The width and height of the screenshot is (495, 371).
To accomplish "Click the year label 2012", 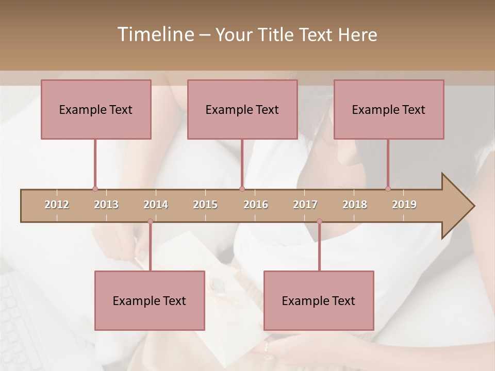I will [57, 205].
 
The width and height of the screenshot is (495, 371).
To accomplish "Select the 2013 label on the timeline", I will [106, 205].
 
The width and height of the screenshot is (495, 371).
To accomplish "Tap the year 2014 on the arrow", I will [156, 205].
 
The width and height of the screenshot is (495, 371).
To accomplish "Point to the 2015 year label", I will [205, 205].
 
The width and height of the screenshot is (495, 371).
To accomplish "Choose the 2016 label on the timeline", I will [256, 205].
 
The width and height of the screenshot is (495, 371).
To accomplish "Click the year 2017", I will [305, 205].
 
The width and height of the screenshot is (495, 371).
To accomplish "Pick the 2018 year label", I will [355, 205].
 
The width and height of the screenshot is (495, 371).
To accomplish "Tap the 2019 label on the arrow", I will [404, 205].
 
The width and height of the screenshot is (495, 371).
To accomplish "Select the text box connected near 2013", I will [96, 109].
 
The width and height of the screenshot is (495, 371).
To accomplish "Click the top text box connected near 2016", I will [242, 109].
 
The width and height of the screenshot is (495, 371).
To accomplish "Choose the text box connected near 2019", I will [389, 109].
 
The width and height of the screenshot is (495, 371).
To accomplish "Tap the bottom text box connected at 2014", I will [150, 300].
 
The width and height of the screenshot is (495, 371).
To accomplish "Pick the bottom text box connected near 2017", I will [319, 300].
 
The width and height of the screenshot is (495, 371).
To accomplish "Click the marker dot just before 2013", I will [95, 189].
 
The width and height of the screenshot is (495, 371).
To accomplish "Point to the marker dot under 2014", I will [150, 222].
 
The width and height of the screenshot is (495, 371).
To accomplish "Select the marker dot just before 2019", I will [388, 189].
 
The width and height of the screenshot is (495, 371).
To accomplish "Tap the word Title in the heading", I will [277, 35].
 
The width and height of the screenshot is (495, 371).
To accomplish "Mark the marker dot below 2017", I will [319, 222].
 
